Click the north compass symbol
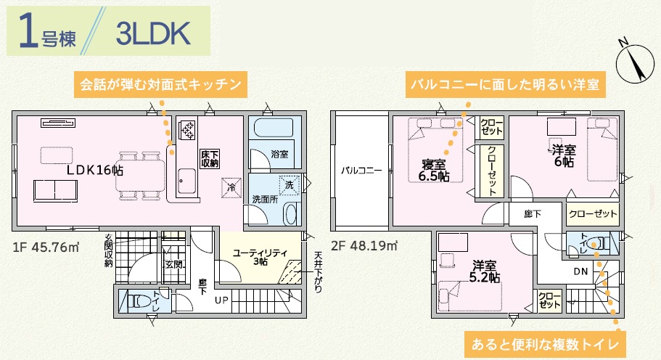pos(636,62)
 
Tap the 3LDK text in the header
pos(153,33)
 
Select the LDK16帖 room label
pos(95,170)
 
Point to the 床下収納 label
pos(210,159)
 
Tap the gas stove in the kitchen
pos(187,130)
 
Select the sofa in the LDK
pos(56,191)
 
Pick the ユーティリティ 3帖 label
pos(260,257)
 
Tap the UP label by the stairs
pos(222,300)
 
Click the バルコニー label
pos(361,171)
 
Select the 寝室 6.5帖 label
pos(434,171)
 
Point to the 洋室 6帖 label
pos(564,156)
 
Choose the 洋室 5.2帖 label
pos(485,272)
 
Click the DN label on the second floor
pos(581,272)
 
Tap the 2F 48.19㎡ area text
pos(364,245)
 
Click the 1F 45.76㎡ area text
pos(46,247)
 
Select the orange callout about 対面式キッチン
pos(160,85)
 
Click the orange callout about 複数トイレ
pos(545,345)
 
